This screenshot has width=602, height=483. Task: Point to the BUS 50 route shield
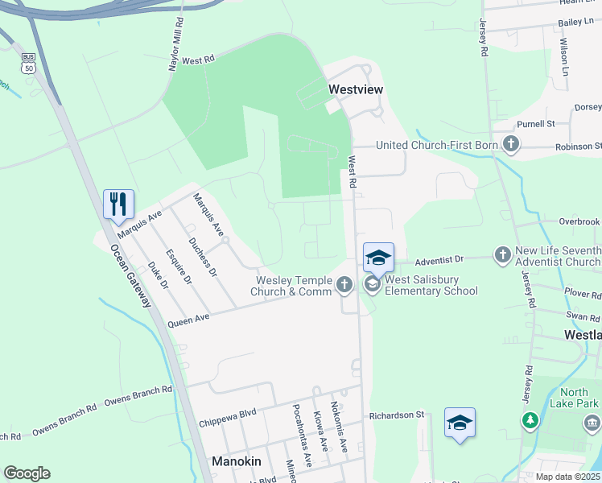click(x=29, y=63)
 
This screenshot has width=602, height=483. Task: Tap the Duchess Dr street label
click(x=201, y=257)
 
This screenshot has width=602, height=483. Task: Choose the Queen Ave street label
click(x=188, y=320)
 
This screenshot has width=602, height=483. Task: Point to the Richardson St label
click(x=396, y=415)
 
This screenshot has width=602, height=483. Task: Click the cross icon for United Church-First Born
click(x=510, y=144)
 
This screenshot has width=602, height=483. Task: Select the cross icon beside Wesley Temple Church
click(x=344, y=283)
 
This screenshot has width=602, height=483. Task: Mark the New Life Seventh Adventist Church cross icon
click(x=502, y=255)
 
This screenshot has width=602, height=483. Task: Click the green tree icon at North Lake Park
click(x=530, y=420)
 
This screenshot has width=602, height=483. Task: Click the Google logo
click(x=27, y=473)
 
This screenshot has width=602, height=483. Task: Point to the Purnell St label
click(x=536, y=124)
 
